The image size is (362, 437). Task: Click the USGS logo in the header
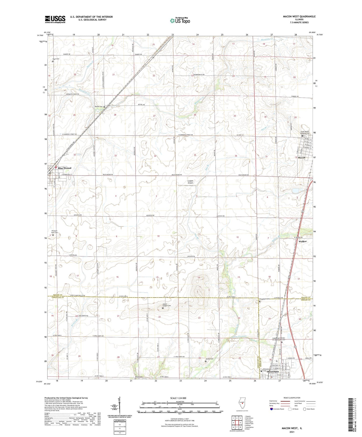(x=55, y=19)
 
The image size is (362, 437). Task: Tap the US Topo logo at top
(x=180, y=21)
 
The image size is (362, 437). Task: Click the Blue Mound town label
(x=65, y=168)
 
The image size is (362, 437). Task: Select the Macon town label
(x=301, y=158)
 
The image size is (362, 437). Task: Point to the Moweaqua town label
(x=273, y=372)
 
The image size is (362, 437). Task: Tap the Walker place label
(x=302, y=242)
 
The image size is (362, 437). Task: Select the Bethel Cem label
(x=99, y=107)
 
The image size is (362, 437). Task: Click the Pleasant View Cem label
(x=54, y=232)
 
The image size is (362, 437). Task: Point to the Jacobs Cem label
(x=209, y=359)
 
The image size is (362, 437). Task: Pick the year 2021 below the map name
(x=292, y=432)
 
